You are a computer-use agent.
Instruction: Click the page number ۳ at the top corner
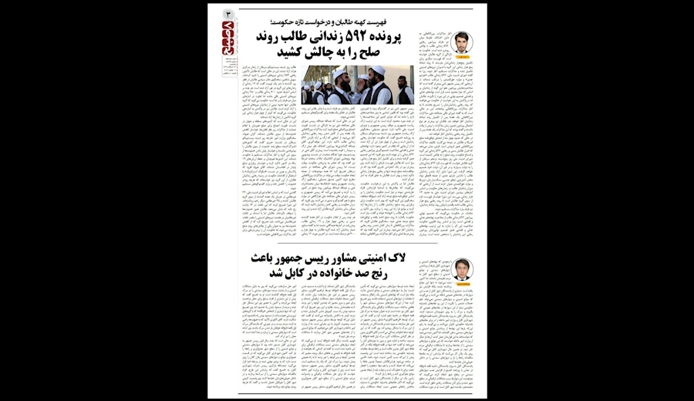(x=228, y=15)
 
